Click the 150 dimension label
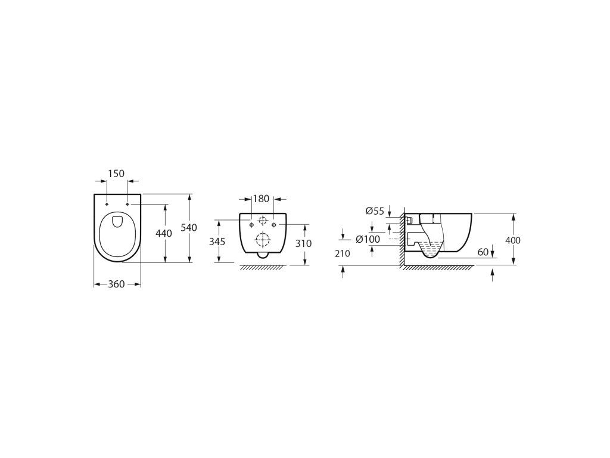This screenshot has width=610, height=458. coord(116,174)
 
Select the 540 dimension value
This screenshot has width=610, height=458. coord(189,227)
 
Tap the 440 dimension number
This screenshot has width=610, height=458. coord(163,233)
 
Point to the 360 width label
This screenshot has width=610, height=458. coord(116,284)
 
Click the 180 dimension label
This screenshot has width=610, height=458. coord(261,199)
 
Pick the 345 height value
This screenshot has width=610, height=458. coord(217,242)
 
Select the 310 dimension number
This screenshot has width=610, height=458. coord(303,243)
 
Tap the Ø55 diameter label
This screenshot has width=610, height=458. coord(375,211)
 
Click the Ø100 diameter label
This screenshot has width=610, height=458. coord(368,239)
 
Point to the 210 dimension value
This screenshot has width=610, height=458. coord(343,253)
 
